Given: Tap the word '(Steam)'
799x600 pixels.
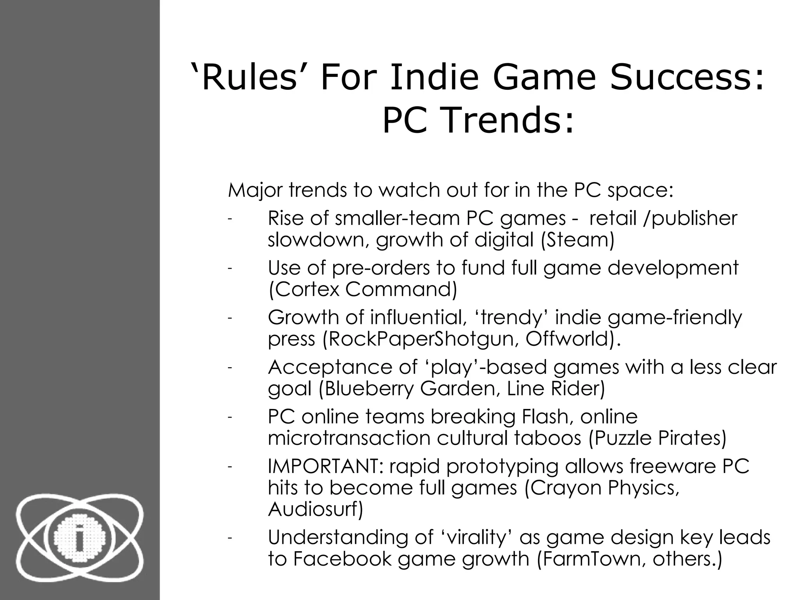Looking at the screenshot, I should [x=577, y=239].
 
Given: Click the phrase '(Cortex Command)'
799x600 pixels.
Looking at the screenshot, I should [x=362, y=289].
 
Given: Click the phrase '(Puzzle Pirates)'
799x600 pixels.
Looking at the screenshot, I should [x=657, y=438].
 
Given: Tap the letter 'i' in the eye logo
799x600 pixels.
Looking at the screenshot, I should [x=80, y=539].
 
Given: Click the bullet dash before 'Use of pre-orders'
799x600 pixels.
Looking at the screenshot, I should [x=230, y=268].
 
